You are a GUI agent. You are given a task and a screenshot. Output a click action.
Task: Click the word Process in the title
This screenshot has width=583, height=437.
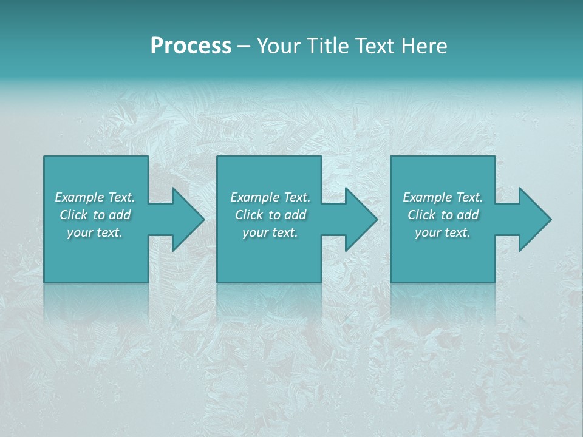[191, 46]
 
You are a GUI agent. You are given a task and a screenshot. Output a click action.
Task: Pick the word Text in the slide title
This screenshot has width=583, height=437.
[375, 46]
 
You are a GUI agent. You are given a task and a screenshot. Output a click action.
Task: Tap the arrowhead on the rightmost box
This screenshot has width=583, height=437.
[534, 219]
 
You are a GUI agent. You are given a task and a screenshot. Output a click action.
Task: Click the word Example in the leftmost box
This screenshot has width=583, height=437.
[79, 197]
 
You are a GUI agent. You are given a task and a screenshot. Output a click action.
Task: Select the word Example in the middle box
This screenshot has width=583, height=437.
[254, 197]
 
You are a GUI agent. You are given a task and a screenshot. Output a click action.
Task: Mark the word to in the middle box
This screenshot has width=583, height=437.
[274, 215]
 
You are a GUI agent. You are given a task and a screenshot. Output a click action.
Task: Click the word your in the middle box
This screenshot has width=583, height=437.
[255, 232]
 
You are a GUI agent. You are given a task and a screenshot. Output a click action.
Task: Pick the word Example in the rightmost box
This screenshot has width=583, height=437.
[427, 197]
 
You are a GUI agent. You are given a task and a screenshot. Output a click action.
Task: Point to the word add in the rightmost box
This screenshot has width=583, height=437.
[468, 215]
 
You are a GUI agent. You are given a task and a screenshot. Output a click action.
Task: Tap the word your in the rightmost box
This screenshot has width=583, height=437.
[428, 232]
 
